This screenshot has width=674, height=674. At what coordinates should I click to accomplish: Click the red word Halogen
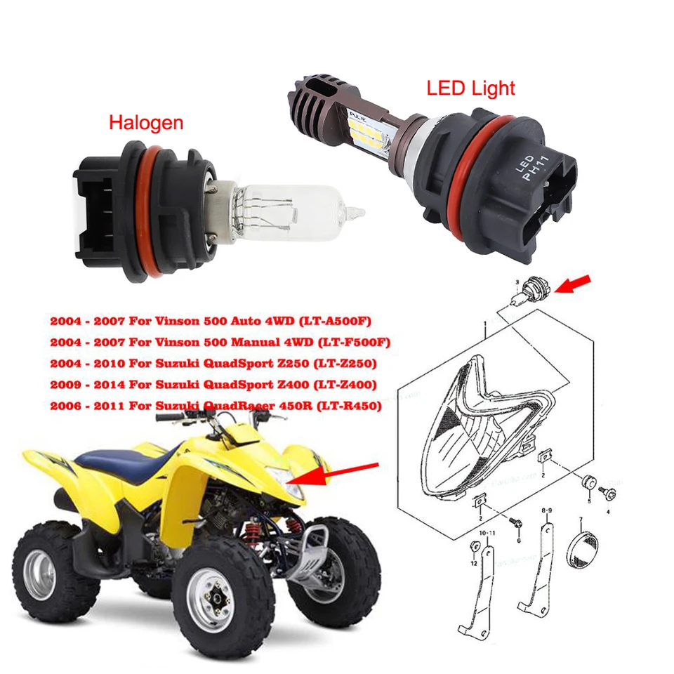(x=145, y=123)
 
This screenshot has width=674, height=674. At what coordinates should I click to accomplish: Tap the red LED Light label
(x=471, y=88)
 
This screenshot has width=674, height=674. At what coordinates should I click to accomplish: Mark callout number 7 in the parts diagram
(x=580, y=520)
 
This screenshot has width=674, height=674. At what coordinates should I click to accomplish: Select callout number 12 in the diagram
(x=474, y=564)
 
